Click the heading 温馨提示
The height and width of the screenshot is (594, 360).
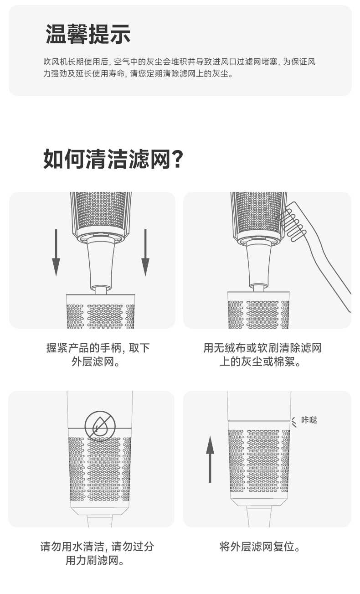(88, 34)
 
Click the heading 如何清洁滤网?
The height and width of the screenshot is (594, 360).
(113, 159)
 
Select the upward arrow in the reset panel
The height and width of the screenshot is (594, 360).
(210, 459)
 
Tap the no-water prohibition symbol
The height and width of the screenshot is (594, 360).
(100, 426)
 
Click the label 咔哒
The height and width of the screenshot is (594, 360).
(309, 420)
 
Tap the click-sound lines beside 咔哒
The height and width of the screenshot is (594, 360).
(294, 422)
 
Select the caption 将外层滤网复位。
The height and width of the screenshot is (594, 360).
(260, 547)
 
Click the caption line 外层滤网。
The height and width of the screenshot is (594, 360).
(96, 362)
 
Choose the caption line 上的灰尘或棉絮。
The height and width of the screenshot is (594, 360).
(260, 362)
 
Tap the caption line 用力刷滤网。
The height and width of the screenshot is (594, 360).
(95, 561)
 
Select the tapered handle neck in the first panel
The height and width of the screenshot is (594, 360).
(101, 265)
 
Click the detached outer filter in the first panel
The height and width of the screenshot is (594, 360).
(100, 311)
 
